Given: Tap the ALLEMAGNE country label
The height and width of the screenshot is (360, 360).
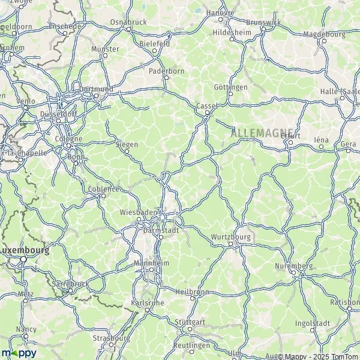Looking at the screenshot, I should pos(262,132).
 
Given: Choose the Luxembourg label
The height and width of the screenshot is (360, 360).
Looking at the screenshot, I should pos(24,250).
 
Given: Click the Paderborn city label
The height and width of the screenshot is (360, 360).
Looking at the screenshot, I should pos(165,70).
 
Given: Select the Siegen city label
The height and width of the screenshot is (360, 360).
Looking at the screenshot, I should pos(126,145).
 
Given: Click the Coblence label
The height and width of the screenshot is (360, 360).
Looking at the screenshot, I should pos(103,188).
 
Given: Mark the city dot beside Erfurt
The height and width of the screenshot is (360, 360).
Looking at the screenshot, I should pos(290,142).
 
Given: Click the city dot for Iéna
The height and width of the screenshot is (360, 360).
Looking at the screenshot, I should pos(322,146).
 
